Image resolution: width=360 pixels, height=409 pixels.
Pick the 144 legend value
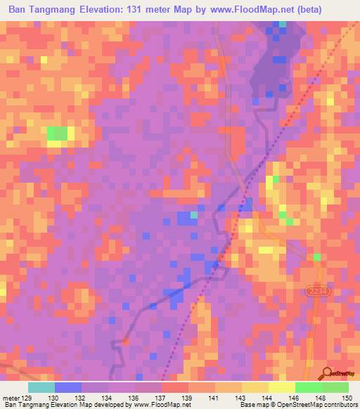267,397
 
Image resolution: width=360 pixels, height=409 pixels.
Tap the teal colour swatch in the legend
41,387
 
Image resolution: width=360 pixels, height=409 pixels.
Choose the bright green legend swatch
308,387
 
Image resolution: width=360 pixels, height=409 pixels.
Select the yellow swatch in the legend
281,387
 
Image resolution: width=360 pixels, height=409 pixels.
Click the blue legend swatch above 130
68,387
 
